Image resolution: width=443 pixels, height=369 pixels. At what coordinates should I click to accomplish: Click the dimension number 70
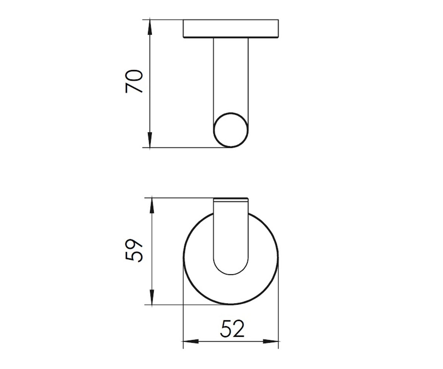134,81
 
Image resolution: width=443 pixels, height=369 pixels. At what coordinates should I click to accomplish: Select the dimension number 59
134,251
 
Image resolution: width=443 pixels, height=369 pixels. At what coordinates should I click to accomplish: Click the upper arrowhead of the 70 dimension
150,27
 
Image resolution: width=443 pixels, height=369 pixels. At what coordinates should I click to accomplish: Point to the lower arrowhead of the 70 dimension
150,139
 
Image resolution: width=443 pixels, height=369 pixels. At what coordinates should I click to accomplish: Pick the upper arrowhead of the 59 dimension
152,206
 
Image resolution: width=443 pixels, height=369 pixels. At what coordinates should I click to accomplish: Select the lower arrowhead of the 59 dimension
152,297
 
